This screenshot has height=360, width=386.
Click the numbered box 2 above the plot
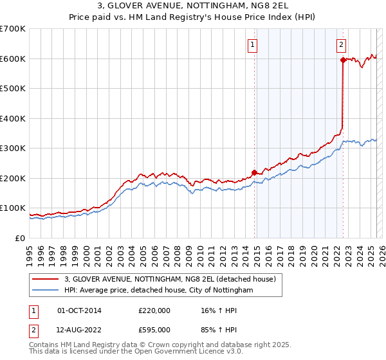point(340,45)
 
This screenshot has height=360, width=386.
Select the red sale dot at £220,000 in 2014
point(254,172)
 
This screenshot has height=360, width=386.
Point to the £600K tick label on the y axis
point(13,59)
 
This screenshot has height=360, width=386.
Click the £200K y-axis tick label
point(13,178)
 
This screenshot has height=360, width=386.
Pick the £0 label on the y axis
point(19,238)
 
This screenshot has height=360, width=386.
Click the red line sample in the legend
point(46,279)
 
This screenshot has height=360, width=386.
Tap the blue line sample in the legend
point(46,291)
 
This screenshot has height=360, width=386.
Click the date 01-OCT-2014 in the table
point(79,310)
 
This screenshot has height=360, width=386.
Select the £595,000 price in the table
point(154,330)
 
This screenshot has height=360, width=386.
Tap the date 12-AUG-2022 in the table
point(79,330)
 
